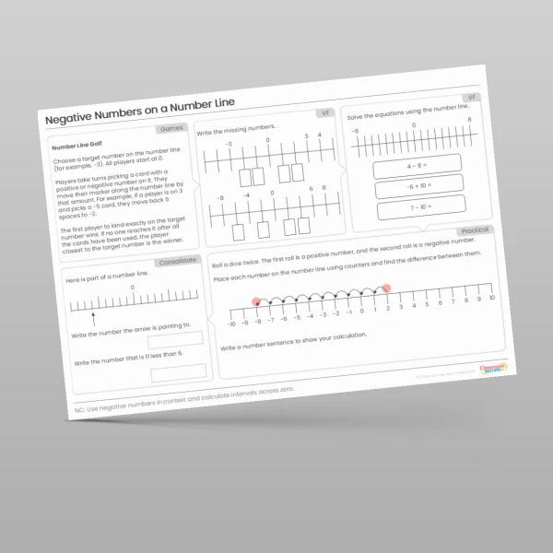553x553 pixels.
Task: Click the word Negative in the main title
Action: click(73, 123)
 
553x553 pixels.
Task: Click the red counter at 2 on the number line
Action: click(386, 289)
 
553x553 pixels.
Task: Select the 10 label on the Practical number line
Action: click(492, 298)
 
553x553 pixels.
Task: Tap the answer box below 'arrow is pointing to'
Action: click(175, 339)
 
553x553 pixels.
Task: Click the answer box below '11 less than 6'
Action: click(178, 371)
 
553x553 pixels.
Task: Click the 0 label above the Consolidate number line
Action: click(132, 288)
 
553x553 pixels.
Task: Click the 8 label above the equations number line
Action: click(469, 120)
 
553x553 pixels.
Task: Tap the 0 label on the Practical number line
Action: click(361, 311)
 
